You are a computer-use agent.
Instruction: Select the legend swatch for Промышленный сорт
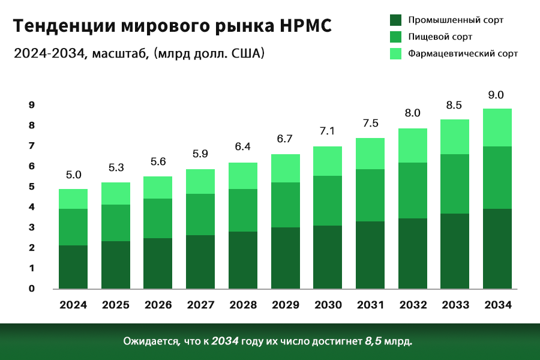click(x=395, y=20)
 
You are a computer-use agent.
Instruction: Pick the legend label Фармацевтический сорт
click(x=463, y=53)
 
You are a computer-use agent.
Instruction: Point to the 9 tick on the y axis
click(x=32, y=105)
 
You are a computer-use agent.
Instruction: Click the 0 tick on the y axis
click(x=32, y=289)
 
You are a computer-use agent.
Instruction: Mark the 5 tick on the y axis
click(x=32, y=187)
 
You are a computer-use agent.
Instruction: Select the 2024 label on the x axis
click(x=73, y=305)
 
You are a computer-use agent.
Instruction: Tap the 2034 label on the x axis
click(x=498, y=305)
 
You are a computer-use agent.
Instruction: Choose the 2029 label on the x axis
click(x=286, y=305)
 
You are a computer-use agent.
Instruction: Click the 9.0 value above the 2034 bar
click(x=496, y=95)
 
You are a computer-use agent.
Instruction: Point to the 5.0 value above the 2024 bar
click(x=73, y=175)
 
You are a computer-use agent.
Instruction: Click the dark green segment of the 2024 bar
click(x=73, y=267)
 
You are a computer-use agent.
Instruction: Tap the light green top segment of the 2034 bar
click(x=498, y=127)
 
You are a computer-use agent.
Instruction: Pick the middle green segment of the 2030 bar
click(x=328, y=200)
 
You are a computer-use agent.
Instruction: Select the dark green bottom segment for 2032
click(x=413, y=253)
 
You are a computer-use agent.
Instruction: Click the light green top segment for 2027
click(x=200, y=181)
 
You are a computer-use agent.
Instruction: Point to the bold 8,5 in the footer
click(x=373, y=341)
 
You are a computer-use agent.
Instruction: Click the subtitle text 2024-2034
click(x=51, y=53)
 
